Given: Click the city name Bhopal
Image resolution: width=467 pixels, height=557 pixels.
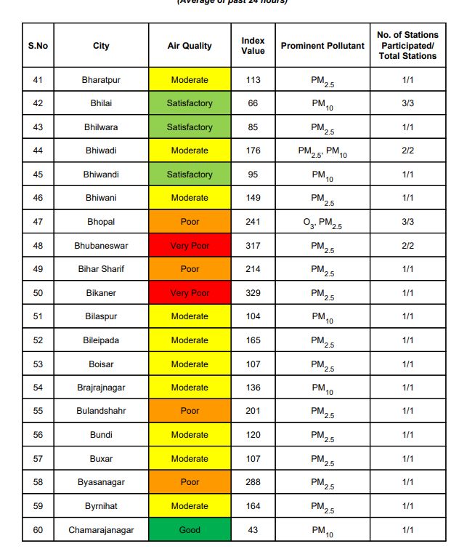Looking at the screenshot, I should coord(101,222).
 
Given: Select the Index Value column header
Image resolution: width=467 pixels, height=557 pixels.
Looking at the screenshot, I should coord(253,46).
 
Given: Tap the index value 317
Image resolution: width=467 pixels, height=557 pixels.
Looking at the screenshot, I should coord(253,246).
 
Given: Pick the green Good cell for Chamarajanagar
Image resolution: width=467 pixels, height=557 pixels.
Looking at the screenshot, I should coord(190,530).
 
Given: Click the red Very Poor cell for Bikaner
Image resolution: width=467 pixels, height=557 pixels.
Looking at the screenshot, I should coord(190,293).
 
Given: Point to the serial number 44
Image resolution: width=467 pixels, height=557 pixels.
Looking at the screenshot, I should coord(38,151).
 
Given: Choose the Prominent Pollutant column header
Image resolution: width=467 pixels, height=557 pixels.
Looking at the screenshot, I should coord(322,46).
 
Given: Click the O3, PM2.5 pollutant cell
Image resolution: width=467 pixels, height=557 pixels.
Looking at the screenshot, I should coord(322,223).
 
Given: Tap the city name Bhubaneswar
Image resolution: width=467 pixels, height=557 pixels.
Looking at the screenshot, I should coord(101,246).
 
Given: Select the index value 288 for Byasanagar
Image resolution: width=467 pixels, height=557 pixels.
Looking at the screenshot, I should coord(253,482).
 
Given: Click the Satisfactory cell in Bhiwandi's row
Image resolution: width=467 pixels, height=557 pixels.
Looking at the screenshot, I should coord(190,175).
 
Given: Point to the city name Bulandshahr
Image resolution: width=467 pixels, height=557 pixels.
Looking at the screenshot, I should coord(101,411).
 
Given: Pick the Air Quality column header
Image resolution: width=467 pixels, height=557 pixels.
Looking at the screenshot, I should coord(190,46).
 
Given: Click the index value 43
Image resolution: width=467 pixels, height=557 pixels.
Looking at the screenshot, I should coord(253,530).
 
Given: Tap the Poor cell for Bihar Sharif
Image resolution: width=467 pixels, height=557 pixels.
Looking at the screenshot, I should coord(190,269).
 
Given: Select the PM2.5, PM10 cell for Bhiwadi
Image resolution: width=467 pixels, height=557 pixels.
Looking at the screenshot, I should coord(322,151).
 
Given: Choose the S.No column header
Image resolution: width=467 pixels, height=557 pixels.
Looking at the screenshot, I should coord(38,46).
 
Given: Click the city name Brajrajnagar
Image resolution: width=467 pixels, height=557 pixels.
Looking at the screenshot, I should coord(101,388).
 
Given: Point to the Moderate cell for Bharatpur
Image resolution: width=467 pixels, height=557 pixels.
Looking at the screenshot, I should coord(190,80).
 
